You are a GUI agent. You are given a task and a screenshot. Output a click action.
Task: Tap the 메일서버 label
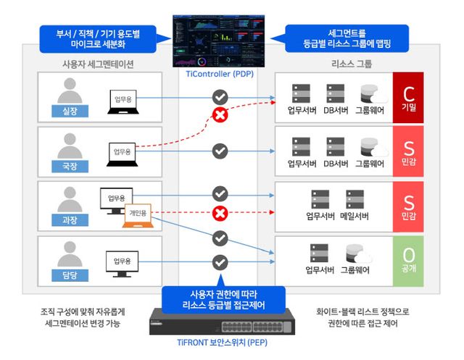[356, 215]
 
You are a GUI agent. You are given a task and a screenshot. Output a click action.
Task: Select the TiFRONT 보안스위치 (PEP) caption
[221, 343]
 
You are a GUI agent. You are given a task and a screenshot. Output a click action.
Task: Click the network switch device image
[221, 322]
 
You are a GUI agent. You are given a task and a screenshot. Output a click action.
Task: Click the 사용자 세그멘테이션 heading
[98, 64]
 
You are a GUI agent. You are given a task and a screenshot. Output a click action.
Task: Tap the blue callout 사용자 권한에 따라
[221, 299]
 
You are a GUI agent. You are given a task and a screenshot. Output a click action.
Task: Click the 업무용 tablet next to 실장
[122, 98]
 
